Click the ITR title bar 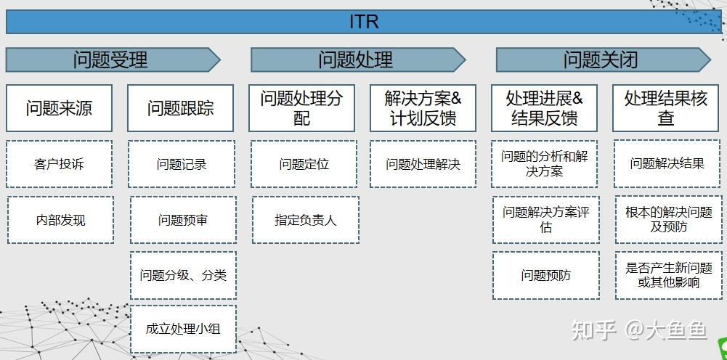point(363,22)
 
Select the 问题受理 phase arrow point(110,60)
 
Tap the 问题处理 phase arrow point(356,60)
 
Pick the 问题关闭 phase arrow point(601,60)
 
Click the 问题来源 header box point(59,108)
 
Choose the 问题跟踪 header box point(181,108)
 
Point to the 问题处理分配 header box point(301,108)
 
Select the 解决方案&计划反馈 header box point(423,108)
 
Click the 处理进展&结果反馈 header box point(544,108)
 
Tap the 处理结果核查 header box point(665,108)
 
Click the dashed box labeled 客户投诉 point(59,164)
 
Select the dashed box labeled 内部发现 point(60,219)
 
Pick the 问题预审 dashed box point(182,219)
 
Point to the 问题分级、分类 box point(183,275)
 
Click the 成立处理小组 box point(183,329)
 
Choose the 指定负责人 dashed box point(305,219)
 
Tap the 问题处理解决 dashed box point(423,164)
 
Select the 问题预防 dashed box point(545,275)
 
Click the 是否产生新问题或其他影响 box point(668,275)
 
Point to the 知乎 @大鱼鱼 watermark point(639,330)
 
